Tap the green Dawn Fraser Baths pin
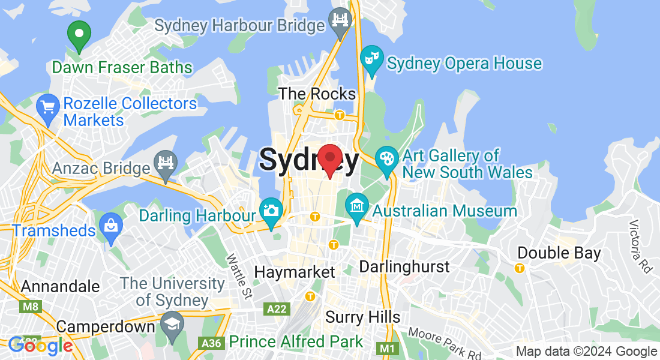(79, 35)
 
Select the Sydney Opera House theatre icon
(372, 60)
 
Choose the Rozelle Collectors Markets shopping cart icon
(47, 108)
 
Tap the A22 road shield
(277, 308)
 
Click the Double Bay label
(559, 253)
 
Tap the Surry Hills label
(362, 317)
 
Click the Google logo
(41, 346)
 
